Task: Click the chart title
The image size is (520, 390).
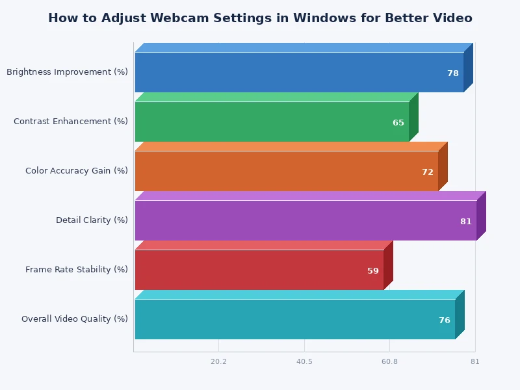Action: point(260,18)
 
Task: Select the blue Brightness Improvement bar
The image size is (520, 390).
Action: point(286,72)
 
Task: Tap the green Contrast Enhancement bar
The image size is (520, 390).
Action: point(260,122)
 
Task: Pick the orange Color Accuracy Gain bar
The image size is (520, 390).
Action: point(273,171)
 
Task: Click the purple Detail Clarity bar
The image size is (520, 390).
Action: point(292,220)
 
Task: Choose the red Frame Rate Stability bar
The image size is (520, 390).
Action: point(247,270)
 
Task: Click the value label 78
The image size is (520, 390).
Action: point(453,73)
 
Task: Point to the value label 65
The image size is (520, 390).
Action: point(398,123)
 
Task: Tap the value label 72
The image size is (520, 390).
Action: point(428,172)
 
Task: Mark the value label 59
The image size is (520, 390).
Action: point(373,271)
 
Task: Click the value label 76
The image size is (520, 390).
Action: point(445,320)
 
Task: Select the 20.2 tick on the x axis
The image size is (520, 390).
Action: point(218,361)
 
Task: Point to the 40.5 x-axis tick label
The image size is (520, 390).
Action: point(304,361)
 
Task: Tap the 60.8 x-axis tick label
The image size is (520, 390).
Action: point(389,361)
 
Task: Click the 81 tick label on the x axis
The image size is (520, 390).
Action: point(475,361)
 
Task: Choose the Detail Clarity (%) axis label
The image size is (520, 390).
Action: point(92,220)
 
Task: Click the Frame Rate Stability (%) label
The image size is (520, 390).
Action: point(77,270)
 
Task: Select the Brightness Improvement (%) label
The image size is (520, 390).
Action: point(67,72)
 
